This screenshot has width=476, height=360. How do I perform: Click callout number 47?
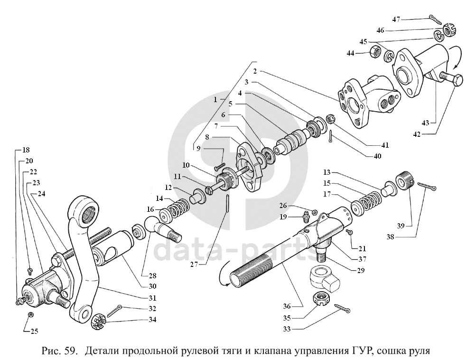click(396, 19)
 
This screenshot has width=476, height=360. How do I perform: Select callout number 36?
click(287, 306)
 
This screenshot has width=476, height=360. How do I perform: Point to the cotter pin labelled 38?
click(427, 187)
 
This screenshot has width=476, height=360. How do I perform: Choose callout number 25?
click(34, 331)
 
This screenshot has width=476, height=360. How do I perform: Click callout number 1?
click(215, 99)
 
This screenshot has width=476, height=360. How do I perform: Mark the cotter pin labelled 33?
click(342, 308)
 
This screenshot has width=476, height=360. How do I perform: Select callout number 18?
click(26, 150)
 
